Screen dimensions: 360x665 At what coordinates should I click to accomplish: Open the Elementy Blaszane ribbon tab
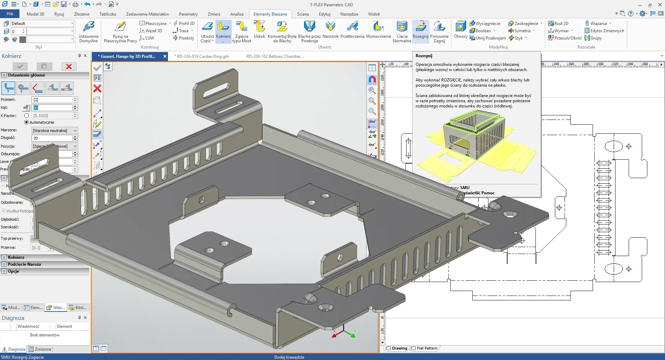[270, 14]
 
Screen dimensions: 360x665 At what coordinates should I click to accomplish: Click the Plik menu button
[10, 14]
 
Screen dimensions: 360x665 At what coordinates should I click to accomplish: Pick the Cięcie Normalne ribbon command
[402, 31]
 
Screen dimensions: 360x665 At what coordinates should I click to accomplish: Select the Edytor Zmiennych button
[604, 31]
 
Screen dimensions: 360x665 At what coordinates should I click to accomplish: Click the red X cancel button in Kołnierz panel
[69, 67]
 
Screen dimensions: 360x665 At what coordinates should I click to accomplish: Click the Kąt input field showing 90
[52, 108]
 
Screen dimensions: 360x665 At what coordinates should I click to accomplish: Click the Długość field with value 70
[52, 138]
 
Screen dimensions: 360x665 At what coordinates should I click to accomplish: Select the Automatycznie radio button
[27, 122]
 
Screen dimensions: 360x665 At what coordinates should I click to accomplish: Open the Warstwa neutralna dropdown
[55, 131]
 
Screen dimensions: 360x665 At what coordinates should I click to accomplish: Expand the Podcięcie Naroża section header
[24, 264]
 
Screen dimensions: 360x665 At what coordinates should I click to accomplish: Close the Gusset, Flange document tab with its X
[165, 56]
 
